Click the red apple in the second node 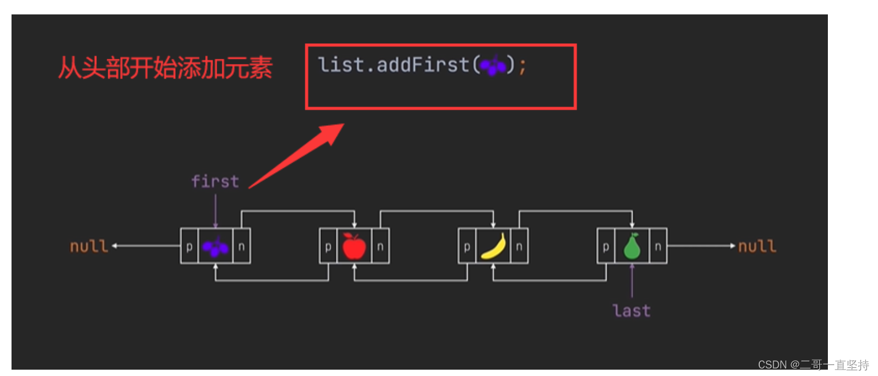coord(354,246)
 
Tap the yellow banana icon coord(493,246)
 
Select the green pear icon coord(632,246)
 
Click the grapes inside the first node coord(215,247)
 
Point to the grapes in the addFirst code coord(493,66)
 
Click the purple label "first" coord(215,182)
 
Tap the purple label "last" coord(632,311)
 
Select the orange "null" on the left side coord(89,247)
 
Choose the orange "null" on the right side coord(757,247)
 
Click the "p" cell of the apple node coord(328,246)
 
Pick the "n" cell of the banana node coord(519,246)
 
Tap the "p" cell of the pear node coord(606,246)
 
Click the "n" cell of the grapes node coord(241,246)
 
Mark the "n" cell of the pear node coord(658,246)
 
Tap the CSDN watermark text coord(813,365)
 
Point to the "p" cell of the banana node coord(467,246)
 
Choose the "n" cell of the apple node coord(380,246)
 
